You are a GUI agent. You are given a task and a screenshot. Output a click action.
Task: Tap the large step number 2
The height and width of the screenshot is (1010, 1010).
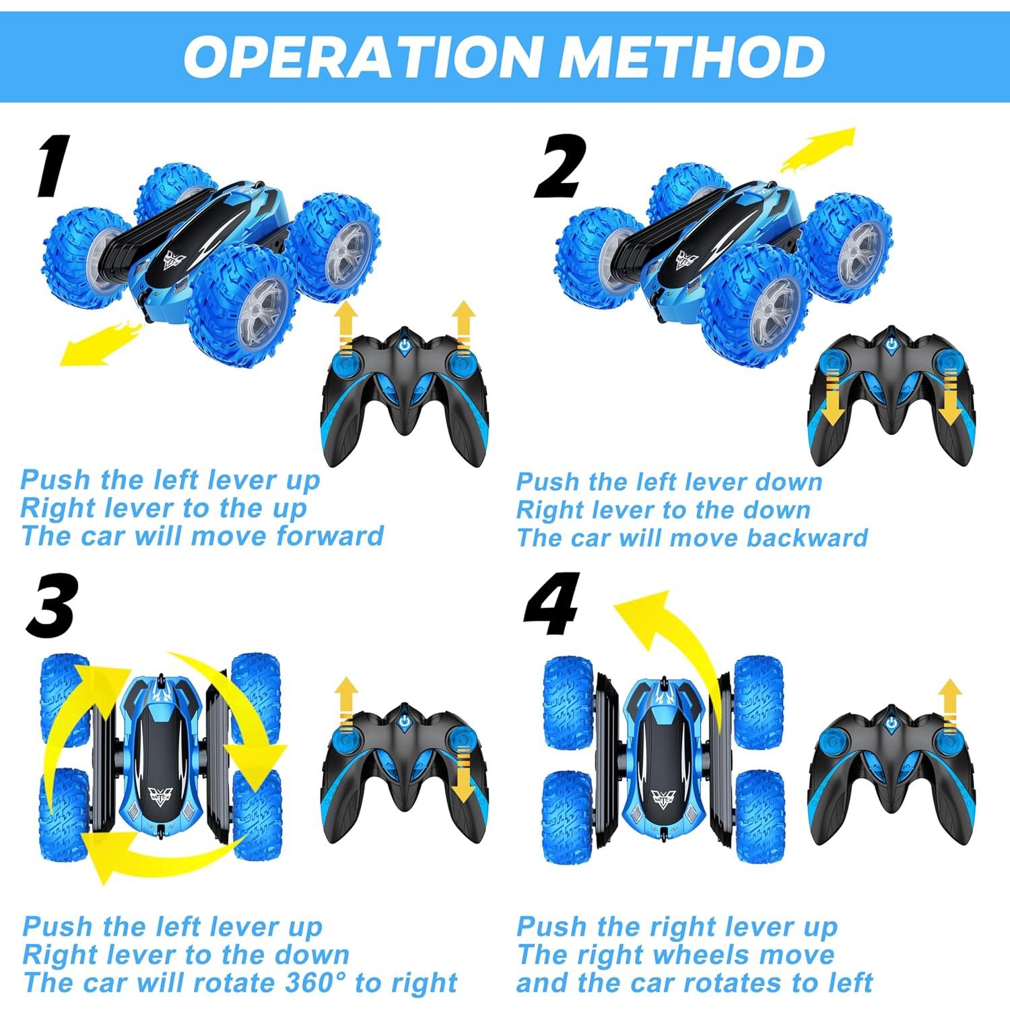click(559, 166)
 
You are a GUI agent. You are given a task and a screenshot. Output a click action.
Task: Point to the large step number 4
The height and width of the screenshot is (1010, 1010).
click(552, 605)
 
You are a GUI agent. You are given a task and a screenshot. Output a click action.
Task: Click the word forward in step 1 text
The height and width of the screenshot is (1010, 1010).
click(330, 536)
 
